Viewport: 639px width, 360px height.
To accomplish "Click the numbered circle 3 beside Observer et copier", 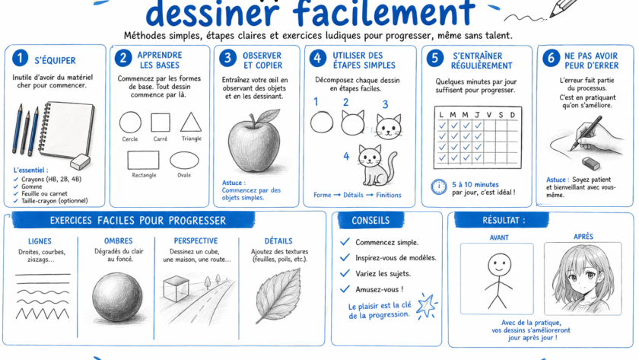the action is point(227,58).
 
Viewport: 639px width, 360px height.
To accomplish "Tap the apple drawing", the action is point(255,141).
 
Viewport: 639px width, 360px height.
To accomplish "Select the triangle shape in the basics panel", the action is point(191,122).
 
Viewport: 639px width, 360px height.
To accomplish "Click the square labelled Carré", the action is point(161,123).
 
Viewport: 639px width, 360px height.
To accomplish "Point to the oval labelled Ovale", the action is point(184,161).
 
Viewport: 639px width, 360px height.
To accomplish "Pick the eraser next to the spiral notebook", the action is point(80,161).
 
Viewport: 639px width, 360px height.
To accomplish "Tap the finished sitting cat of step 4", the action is point(376,165).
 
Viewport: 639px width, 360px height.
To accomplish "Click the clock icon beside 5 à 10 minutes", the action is point(439,186).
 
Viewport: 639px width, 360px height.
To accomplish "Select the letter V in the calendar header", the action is point(489,115).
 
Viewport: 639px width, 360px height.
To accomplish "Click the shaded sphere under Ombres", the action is point(117,298).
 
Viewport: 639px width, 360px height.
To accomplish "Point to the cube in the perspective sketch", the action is point(176,288).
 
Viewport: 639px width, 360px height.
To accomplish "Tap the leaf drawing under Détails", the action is point(278,295).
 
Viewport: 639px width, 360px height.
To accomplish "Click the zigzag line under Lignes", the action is point(43,313).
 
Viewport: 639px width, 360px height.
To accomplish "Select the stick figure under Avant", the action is point(498,281).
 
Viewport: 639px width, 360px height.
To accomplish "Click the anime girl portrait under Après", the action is point(583,279).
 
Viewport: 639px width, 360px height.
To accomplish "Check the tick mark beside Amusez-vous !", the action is point(345,289).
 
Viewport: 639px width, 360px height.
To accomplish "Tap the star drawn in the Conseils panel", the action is point(426,305).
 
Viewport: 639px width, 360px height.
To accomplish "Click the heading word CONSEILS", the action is point(370,221).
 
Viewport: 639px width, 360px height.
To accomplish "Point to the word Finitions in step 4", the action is point(389,195).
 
